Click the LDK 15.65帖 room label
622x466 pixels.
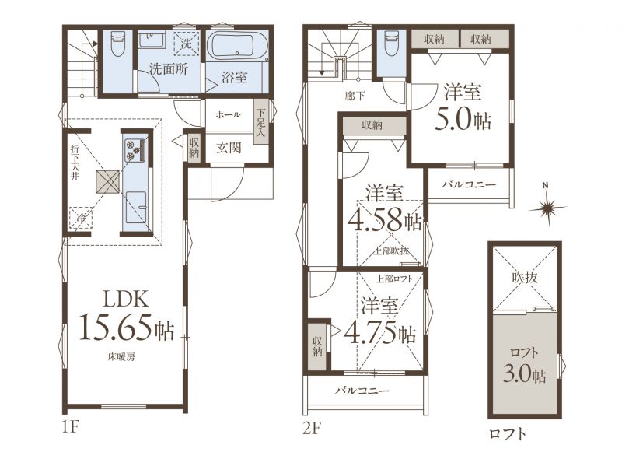pyautogui.click(x=127, y=316)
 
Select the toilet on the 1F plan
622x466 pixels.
pyautogui.click(x=117, y=44)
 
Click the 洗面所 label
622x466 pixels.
pyautogui.click(x=169, y=69)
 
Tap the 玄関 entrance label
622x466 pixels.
pyautogui.click(x=229, y=148)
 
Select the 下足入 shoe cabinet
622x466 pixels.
pyautogui.click(x=260, y=123)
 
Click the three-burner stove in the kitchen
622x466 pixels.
pyautogui.click(x=134, y=150)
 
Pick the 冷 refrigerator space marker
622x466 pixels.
pyautogui.click(x=81, y=218)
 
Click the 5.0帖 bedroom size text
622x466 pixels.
pyautogui.click(x=463, y=121)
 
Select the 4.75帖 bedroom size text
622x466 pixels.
pyautogui.click(x=380, y=334)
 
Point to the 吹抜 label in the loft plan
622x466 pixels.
pyautogui.click(x=524, y=277)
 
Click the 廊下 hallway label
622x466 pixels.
pyautogui.click(x=355, y=96)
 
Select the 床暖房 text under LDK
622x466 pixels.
pyautogui.click(x=121, y=356)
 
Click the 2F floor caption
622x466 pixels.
pyautogui.click(x=312, y=429)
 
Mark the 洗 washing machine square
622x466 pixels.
pyautogui.click(x=186, y=43)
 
